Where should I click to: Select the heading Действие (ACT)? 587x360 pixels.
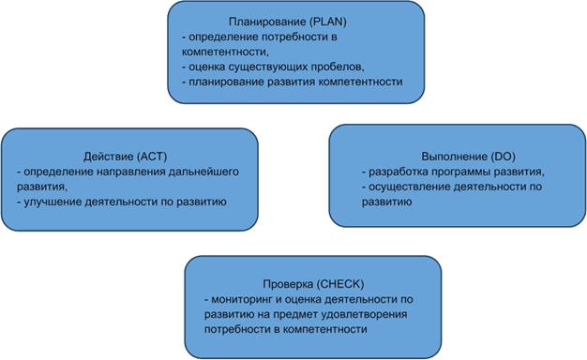click(125, 157)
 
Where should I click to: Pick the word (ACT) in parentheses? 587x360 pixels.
click(150, 157)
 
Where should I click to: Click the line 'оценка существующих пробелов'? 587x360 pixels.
click(271, 67)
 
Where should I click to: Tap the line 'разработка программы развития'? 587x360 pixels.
click(453, 172)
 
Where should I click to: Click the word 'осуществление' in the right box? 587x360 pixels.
click(404, 187)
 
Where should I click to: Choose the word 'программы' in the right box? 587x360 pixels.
click(463, 172)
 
